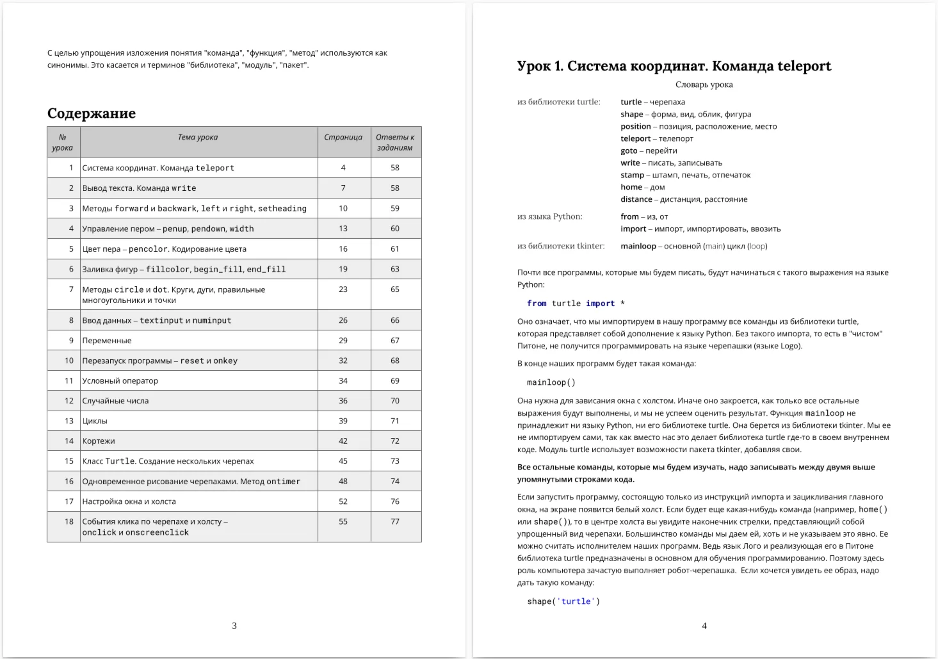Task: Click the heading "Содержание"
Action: (x=92, y=113)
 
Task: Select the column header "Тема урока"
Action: (x=198, y=137)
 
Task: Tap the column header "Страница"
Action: (x=343, y=137)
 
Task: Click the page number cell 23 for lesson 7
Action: (x=343, y=289)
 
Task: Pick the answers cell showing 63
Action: (x=395, y=269)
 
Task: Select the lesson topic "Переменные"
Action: (x=107, y=341)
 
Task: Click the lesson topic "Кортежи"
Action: (x=99, y=441)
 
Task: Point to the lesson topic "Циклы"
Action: (x=95, y=421)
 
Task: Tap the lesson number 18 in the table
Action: (x=69, y=522)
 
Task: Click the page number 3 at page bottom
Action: (x=234, y=626)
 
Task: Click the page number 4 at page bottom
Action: (x=704, y=626)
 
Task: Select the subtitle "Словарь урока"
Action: (x=704, y=85)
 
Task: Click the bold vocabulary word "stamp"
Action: (x=632, y=175)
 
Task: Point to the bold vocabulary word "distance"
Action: (x=636, y=199)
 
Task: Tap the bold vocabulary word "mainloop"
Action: (x=638, y=246)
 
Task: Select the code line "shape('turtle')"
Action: (x=563, y=601)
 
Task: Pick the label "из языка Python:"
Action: (x=549, y=216)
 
